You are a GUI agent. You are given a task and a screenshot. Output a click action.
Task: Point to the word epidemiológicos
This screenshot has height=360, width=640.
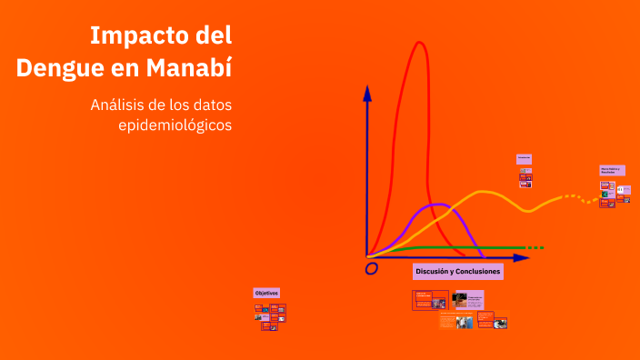[x=175, y=125]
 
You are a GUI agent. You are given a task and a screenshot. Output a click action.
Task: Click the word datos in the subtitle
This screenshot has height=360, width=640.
[x=209, y=105]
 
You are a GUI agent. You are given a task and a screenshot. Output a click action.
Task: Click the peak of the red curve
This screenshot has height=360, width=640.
[x=419, y=43]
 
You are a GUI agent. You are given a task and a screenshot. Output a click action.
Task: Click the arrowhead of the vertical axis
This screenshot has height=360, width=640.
[x=367, y=92]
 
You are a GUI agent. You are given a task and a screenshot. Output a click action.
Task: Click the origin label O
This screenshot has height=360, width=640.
[x=371, y=269]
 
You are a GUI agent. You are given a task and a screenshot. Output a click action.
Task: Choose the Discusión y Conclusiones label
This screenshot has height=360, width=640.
[x=457, y=272]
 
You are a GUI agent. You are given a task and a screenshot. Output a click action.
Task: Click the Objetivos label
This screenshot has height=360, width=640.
[x=266, y=293]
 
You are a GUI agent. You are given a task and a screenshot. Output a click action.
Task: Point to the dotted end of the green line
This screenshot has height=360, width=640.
[x=536, y=247]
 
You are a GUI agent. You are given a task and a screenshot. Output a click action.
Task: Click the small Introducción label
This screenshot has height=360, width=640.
[x=524, y=159]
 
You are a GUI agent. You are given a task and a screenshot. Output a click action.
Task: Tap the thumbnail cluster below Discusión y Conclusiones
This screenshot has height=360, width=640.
[x=460, y=309]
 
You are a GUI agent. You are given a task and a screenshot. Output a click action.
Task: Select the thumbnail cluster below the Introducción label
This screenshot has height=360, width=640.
[x=525, y=176]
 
